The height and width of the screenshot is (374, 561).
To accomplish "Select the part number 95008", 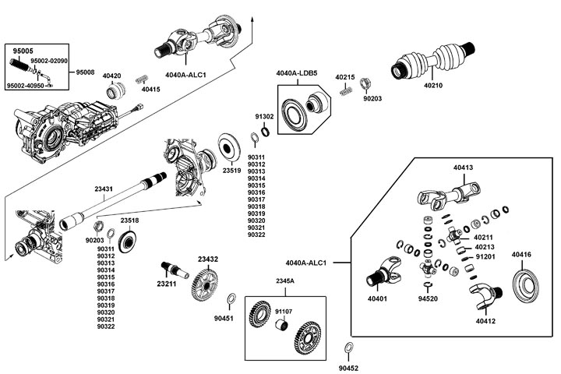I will click(x=85, y=72).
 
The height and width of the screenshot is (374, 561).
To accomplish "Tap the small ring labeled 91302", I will click(x=264, y=132).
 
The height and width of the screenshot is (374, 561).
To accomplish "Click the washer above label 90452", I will click(x=348, y=348).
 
